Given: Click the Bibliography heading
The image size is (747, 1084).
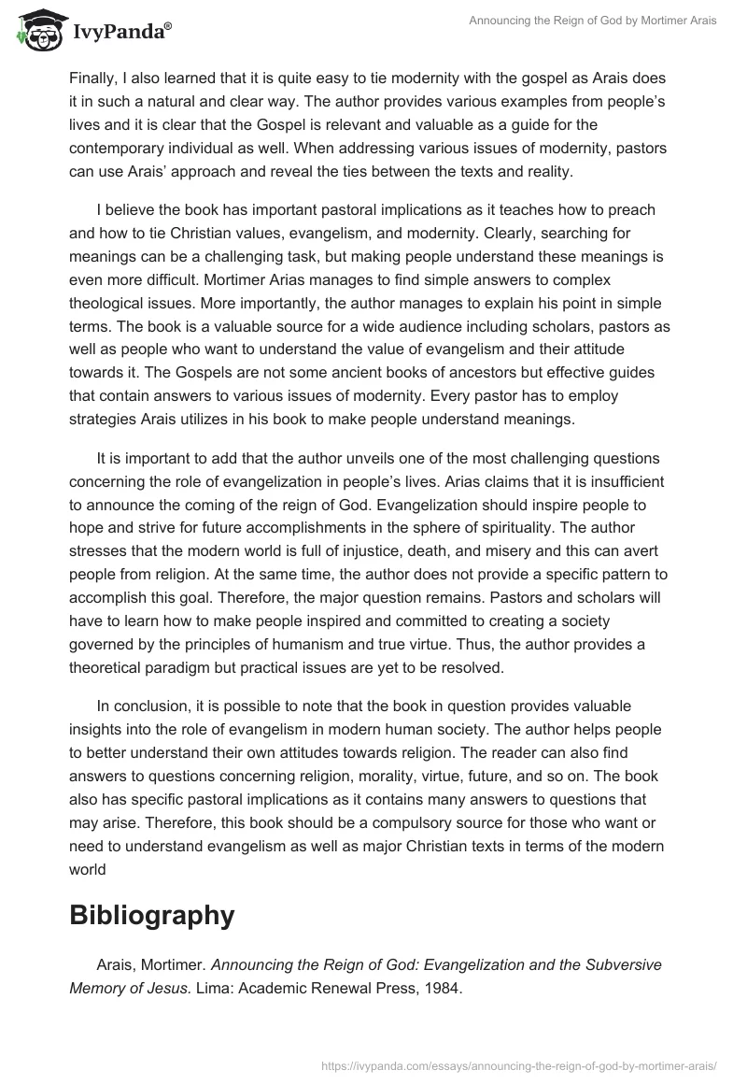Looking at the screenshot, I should (151, 915).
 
